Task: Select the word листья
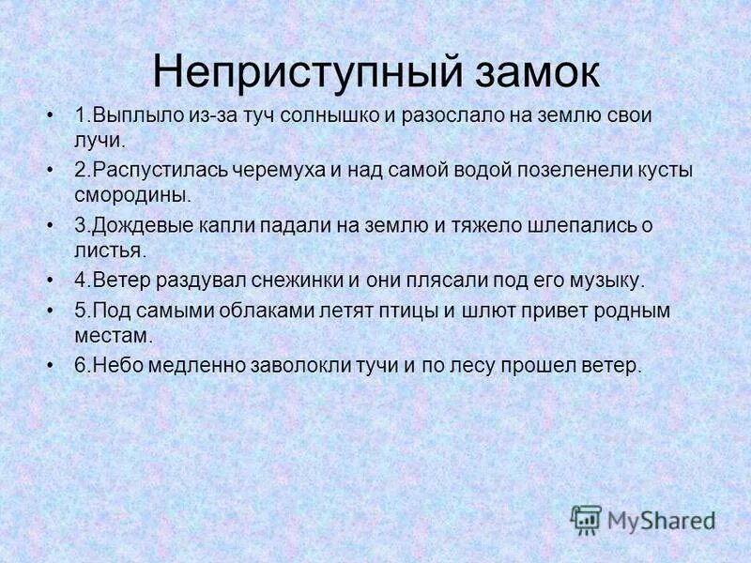point(111,251)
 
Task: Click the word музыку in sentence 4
point(607,280)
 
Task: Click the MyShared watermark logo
point(644,519)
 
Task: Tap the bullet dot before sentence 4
point(51,280)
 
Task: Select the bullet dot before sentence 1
point(51,116)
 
